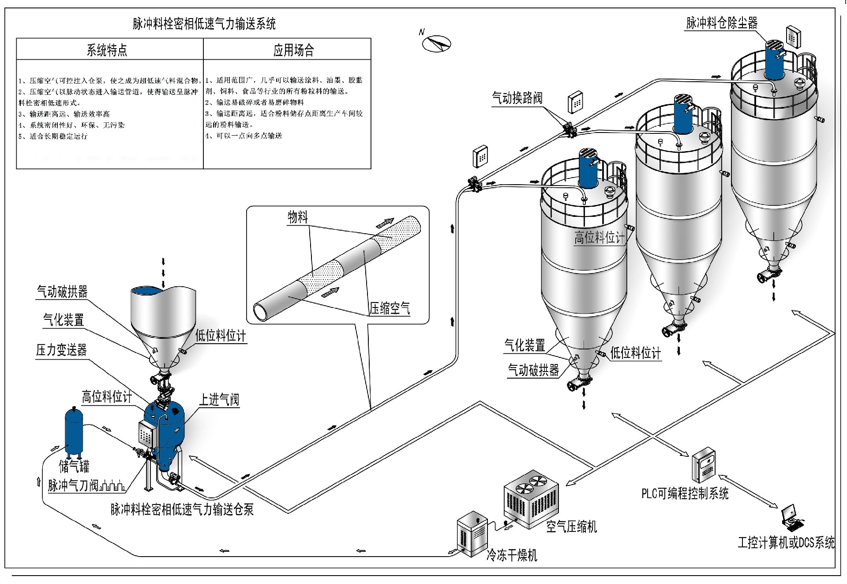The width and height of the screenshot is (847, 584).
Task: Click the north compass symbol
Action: pyautogui.click(x=436, y=43)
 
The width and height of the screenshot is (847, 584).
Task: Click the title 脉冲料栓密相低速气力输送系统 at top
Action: pyautogui.click(x=204, y=23)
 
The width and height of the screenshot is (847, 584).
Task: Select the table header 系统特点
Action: pyautogui.click(x=107, y=50)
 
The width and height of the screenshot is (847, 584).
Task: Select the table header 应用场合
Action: pyautogui.click(x=293, y=50)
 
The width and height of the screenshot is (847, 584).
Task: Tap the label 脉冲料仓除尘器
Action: pyautogui.click(x=722, y=23)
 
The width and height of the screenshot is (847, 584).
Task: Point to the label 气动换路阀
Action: pyautogui.click(x=517, y=98)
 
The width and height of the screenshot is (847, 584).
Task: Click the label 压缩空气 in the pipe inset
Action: pyautogui.click(x=390, y=308)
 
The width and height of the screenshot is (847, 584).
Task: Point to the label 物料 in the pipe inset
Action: pyautogui.click(x=298, y=217)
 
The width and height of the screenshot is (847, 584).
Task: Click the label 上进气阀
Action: pyautogui.click(x=219, y=400)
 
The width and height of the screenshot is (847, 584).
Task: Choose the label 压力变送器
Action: pyautogui.click(x=61, y=350)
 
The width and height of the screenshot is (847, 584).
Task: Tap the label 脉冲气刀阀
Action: pyautogui.click(x=73, y=485)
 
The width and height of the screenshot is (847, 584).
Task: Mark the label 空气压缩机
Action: pyautogui.click(x=571, y=527)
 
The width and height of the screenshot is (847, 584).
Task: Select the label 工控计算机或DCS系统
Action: pyautogui.click(x=786, y=542)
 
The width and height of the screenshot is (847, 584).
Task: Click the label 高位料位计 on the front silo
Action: pyautogui.click(x=599, y=238)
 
